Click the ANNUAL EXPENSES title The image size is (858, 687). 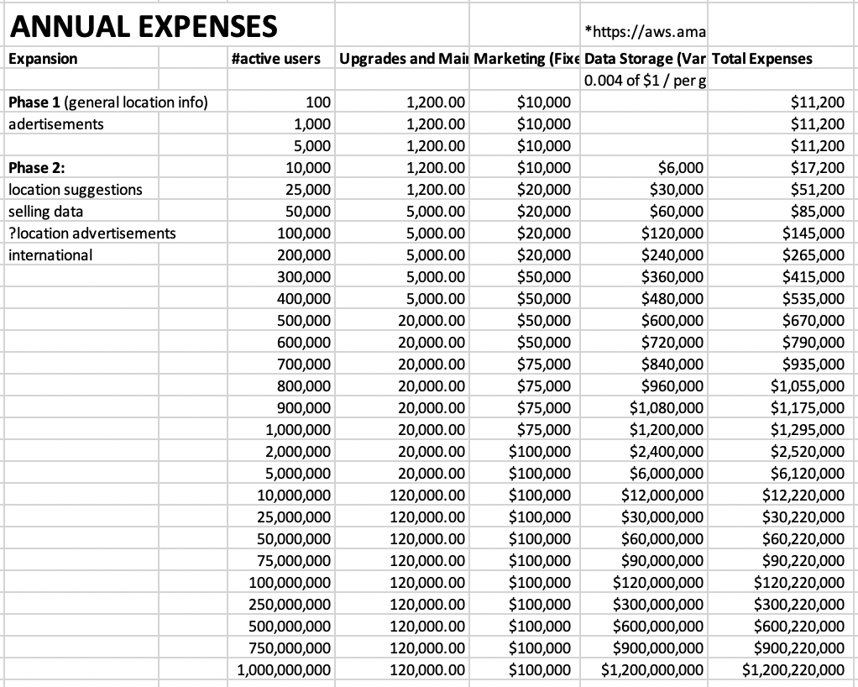143,26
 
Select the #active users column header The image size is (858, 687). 275,59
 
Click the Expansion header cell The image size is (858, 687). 43,59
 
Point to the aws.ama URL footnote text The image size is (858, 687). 645,33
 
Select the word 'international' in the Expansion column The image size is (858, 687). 50,254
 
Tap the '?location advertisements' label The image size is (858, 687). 92,233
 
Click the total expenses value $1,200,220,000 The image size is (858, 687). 793,669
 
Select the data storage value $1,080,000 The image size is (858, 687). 667,407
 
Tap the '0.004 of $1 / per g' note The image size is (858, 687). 645,81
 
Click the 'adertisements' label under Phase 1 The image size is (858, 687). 56,123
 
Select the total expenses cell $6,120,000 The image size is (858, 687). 808,473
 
